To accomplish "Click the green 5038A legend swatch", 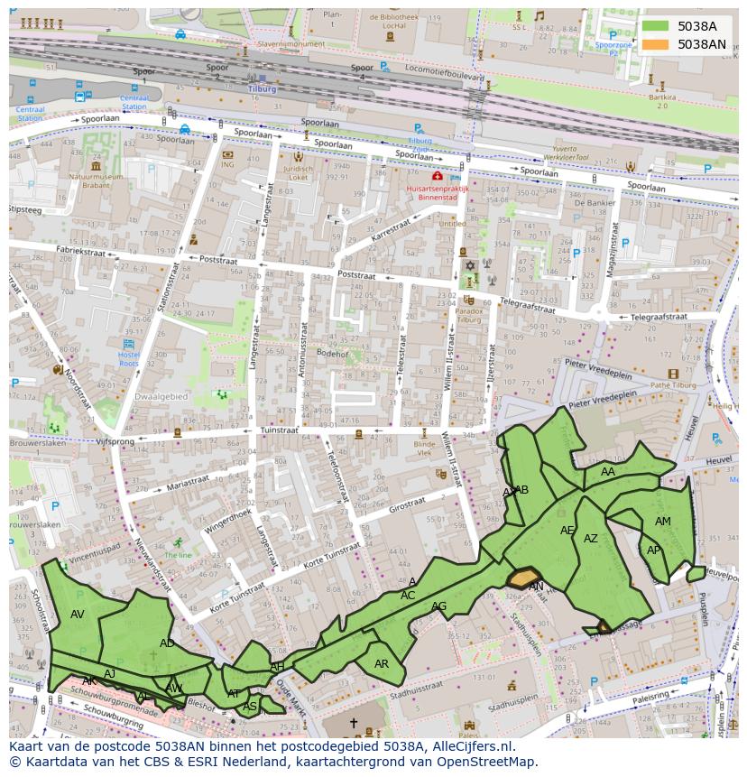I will [x=656, y=26].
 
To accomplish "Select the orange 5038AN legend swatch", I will [x=656, y=44].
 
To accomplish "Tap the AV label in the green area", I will [x=78, y=615].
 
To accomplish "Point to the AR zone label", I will [x=382, y=664].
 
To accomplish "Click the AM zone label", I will [x=662, y=522].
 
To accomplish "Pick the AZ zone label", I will [x=590, y=539].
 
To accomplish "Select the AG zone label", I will [x=438, y=606].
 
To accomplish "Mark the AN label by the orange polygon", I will [x=536, y=587].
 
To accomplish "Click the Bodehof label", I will [x=332, y=355].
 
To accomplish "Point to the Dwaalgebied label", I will [x=161, y=396].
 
